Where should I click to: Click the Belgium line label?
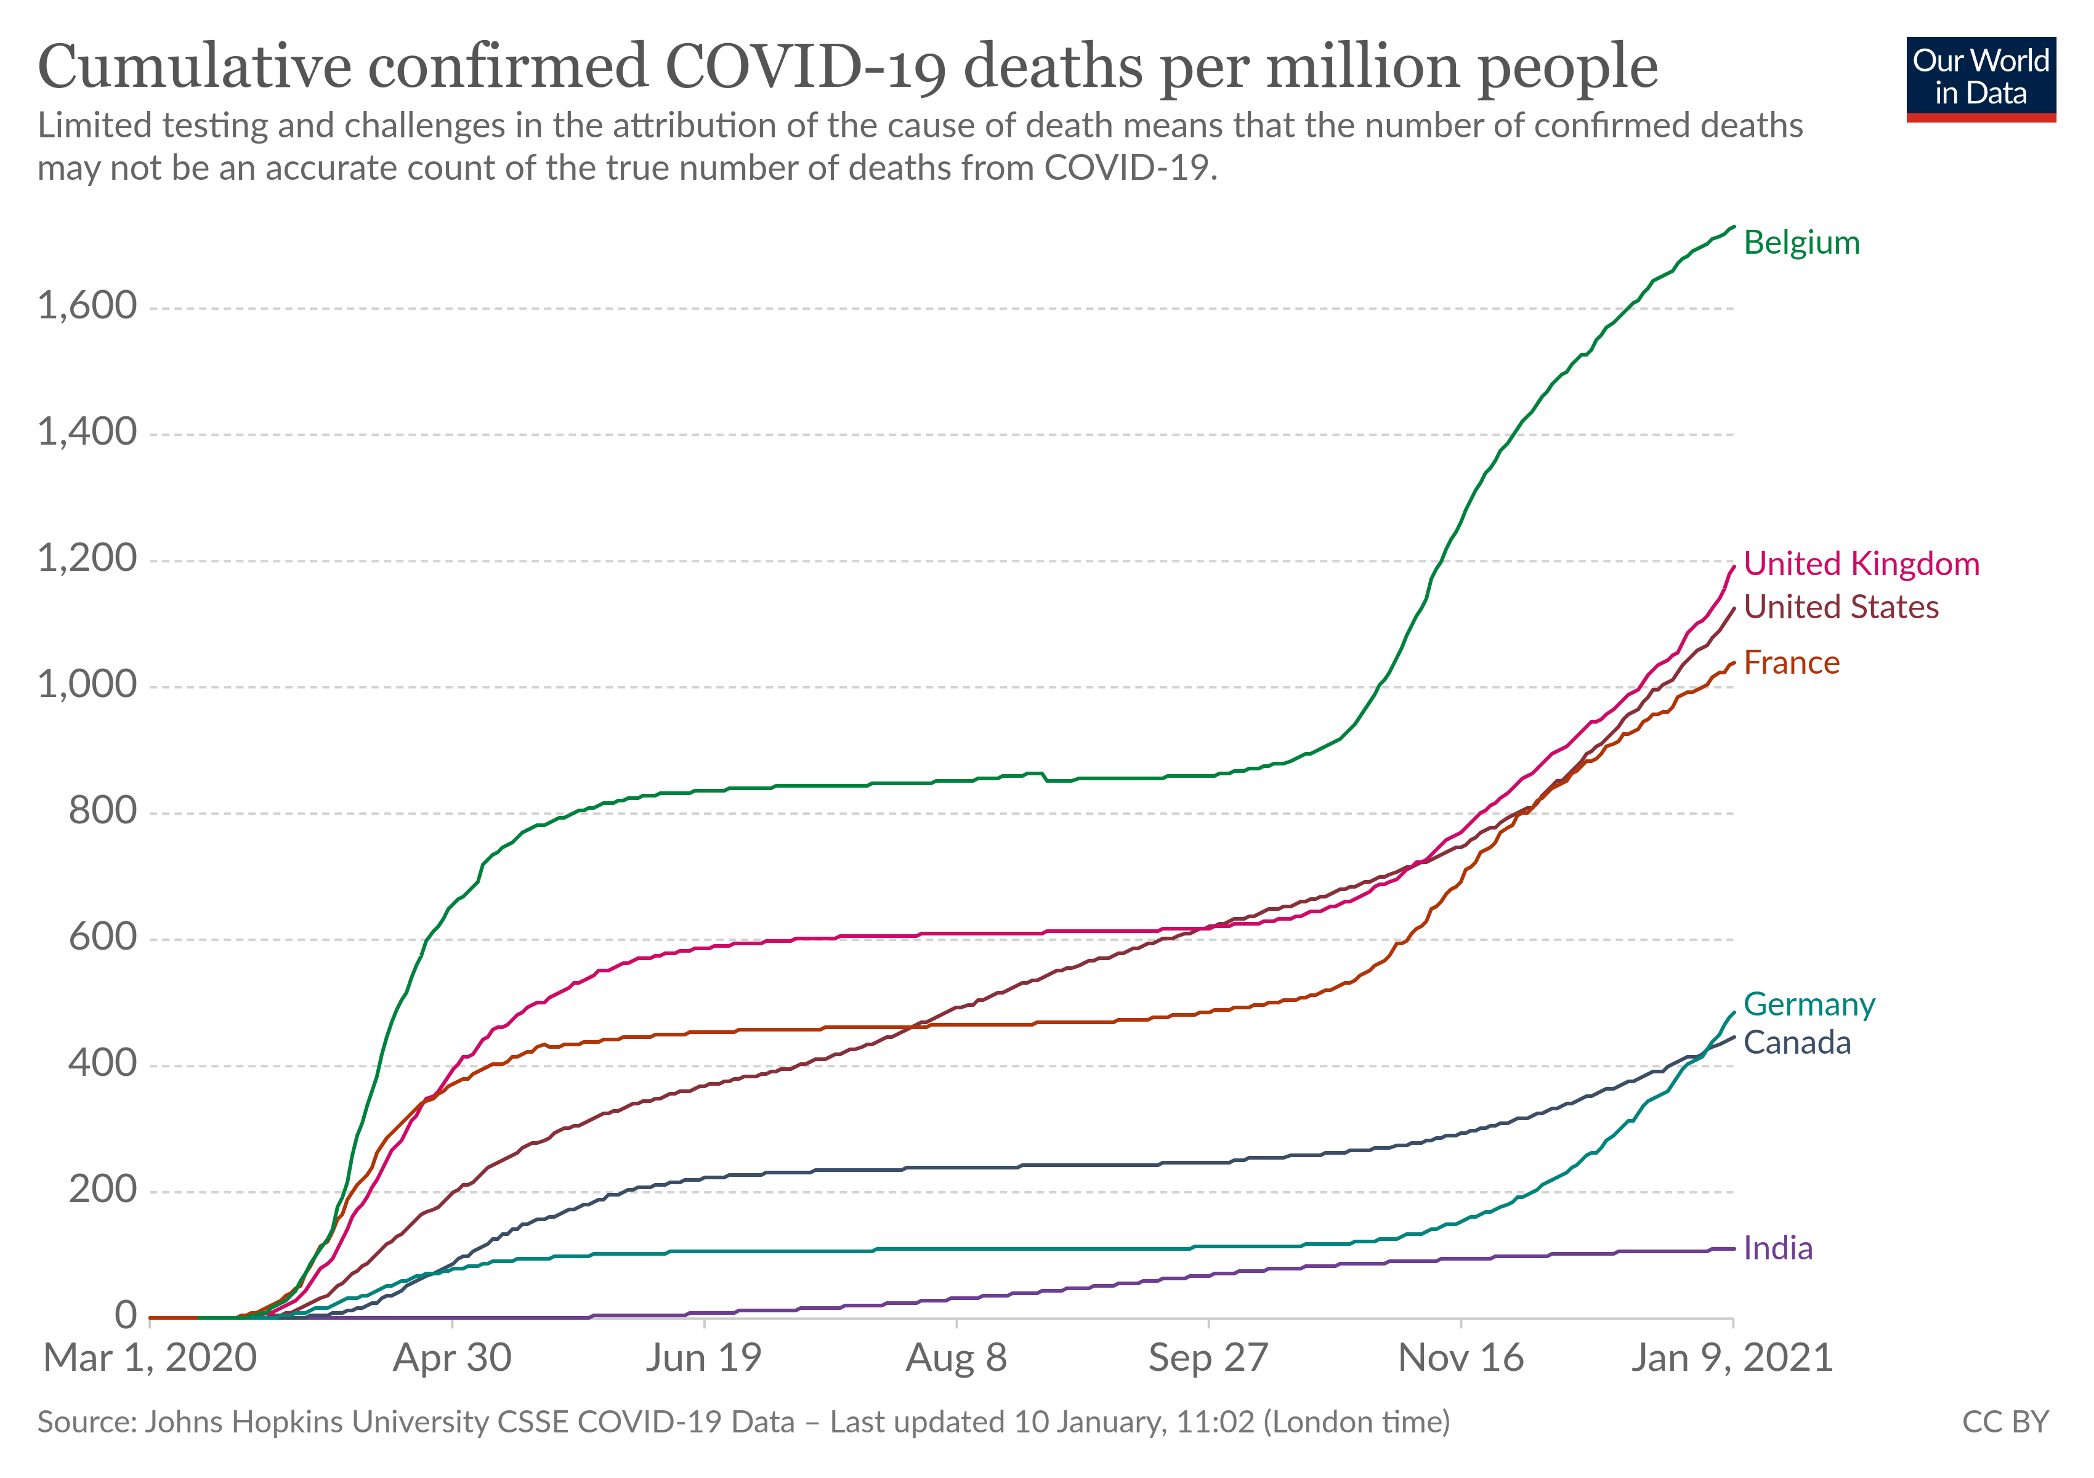point(1801,243)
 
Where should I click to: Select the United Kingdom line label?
point(1861,563)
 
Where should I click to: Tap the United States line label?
point(1840,607)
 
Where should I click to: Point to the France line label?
point(1791,663)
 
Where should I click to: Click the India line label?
point(1777,1248)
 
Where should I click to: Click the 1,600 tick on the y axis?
point(87,305)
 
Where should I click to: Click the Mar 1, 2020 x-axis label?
point(150,1359)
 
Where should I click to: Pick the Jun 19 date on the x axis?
point(704,1359)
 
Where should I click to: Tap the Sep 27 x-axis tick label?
point(1208,1359)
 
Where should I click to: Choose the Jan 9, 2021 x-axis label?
point(1732,1359)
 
